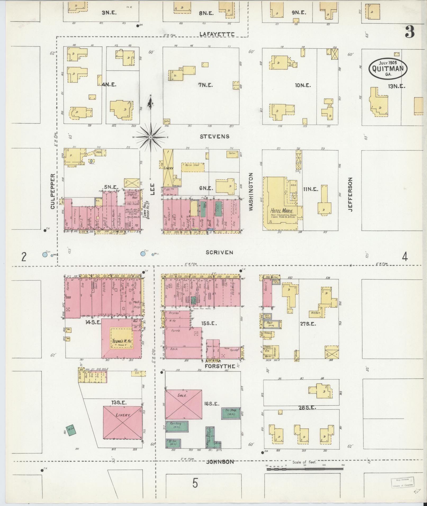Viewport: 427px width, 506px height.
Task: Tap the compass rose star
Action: tap(151, 137)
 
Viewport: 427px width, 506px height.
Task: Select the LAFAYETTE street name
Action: tap(217, 34)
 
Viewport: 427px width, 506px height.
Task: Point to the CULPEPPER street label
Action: tap(52, 191)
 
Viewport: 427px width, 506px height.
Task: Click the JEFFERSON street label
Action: tap(351, 194)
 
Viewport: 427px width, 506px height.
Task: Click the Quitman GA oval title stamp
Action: tap(388, 68)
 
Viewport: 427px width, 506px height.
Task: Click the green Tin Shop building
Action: tap(231, 413)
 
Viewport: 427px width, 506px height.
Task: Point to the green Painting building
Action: tap(177, 426)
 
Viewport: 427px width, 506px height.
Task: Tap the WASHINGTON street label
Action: tap(251, 192)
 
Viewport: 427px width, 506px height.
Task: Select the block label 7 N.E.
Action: tap(206, 85)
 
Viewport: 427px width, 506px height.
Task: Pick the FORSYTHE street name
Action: tap(220, 366)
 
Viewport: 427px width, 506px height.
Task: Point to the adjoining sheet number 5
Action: tap(195, 483)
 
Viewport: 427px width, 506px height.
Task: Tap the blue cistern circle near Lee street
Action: tap(143, 254)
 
